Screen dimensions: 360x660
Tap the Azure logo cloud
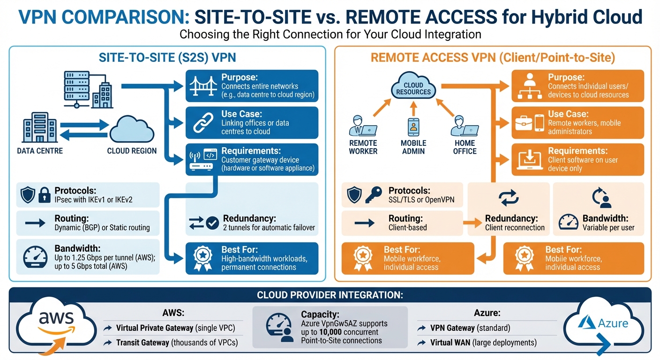605,323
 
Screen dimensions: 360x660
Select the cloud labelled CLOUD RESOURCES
413,87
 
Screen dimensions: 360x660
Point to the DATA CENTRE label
40,151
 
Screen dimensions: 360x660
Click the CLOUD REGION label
132,151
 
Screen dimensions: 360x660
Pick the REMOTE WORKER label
363,147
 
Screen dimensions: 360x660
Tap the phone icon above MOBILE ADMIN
413,126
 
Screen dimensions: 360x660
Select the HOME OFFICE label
465,147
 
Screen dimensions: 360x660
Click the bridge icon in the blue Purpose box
203,86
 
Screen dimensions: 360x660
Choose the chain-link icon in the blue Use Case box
203,123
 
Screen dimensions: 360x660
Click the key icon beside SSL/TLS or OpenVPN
374,195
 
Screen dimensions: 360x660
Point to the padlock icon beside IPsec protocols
44,195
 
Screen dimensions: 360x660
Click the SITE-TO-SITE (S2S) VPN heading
167,58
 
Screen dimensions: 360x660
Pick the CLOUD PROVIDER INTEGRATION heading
330,295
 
